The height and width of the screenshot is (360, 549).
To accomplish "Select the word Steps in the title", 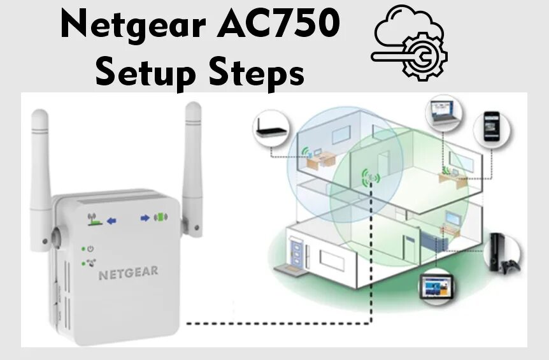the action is click(x=254, y=73).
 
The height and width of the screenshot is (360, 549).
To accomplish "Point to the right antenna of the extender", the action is click(x=193, y=159).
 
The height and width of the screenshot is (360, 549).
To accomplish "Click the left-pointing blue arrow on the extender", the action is click(x=112, y=220).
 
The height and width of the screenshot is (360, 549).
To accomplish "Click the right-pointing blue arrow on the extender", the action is click(x=145, y=218).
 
